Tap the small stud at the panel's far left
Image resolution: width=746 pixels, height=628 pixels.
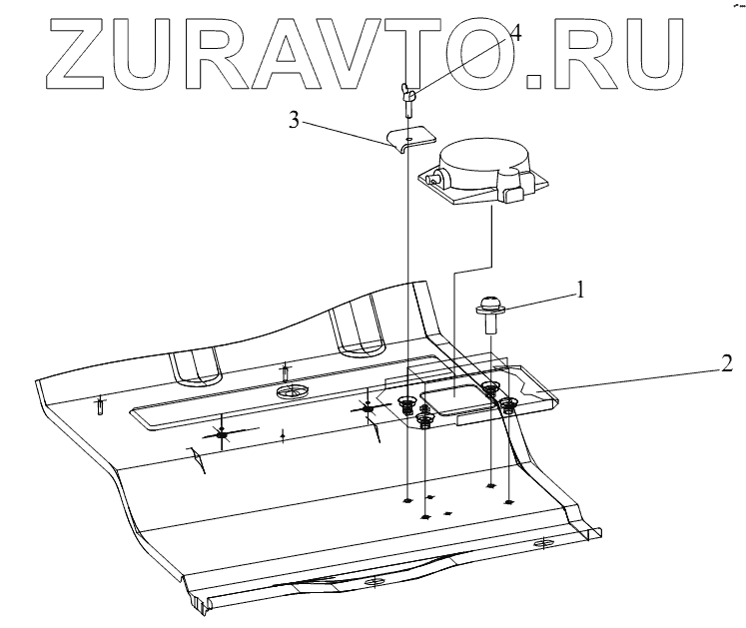tap(100, 405)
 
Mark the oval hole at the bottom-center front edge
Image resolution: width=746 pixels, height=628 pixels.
tap(375, 583)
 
